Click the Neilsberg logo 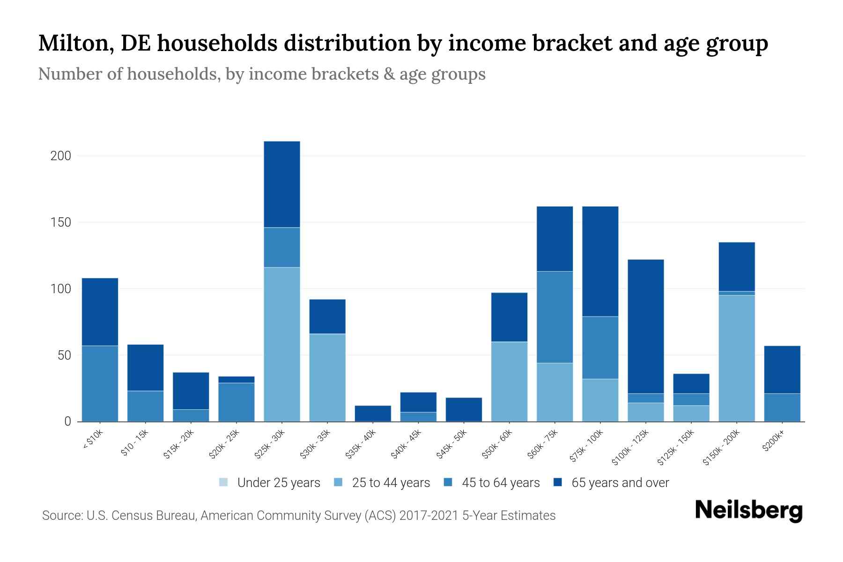coord(748,510)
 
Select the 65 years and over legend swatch coord(558,482)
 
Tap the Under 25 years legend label coord(278,483)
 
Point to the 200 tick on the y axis coord(61,156)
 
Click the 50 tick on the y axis coord(64,355)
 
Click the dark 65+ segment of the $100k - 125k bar coord(645,326)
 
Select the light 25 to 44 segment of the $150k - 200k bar coord(736,358)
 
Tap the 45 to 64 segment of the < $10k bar coord(100,384)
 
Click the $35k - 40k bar coord(373,413)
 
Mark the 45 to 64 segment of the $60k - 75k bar coord(555,317)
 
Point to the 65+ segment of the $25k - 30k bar coord(281,184)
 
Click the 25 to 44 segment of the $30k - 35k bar coord(327,377)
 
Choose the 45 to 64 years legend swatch coord(448,482)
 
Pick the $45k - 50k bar coord(464,409)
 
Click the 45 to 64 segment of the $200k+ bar coord(782,407)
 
